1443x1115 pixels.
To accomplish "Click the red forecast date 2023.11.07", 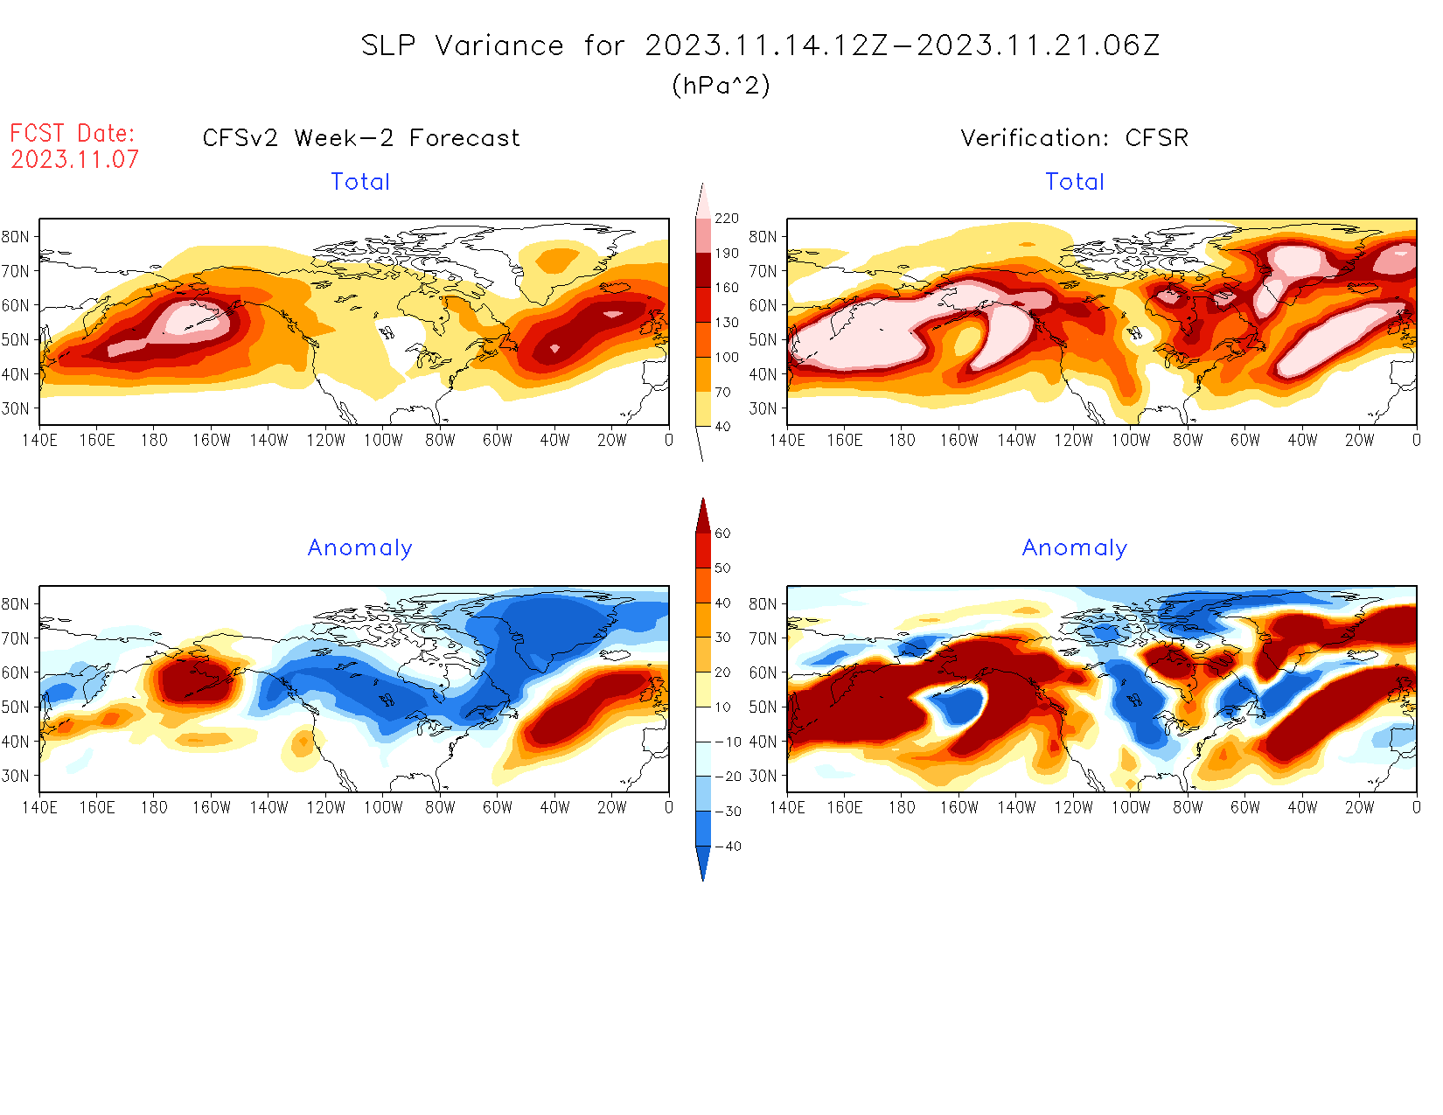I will [74, 159].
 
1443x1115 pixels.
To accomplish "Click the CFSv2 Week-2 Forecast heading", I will [361, 138].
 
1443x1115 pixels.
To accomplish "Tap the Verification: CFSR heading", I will [1074, 138].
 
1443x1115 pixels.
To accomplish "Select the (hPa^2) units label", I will [721, 85].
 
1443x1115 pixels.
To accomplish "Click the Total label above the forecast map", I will [360, 182].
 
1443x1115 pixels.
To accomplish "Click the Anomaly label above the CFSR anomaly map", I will [1075, 547].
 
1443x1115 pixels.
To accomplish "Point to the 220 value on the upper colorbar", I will [727, 219].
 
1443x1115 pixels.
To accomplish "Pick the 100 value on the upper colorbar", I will [727, 357].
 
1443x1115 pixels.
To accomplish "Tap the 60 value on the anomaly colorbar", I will [722, 533].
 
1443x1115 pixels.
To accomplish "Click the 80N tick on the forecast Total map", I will [15, 236].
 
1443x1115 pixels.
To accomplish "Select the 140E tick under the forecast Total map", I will [39, 440].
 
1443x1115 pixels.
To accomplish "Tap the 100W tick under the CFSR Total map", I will [1131, 440].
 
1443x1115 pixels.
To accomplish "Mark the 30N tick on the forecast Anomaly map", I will [15, 776].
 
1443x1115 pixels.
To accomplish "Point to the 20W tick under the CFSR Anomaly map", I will [1359, 807].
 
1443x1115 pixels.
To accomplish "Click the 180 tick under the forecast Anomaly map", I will [154, 807].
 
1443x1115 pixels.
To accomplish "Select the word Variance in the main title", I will [499, 45].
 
